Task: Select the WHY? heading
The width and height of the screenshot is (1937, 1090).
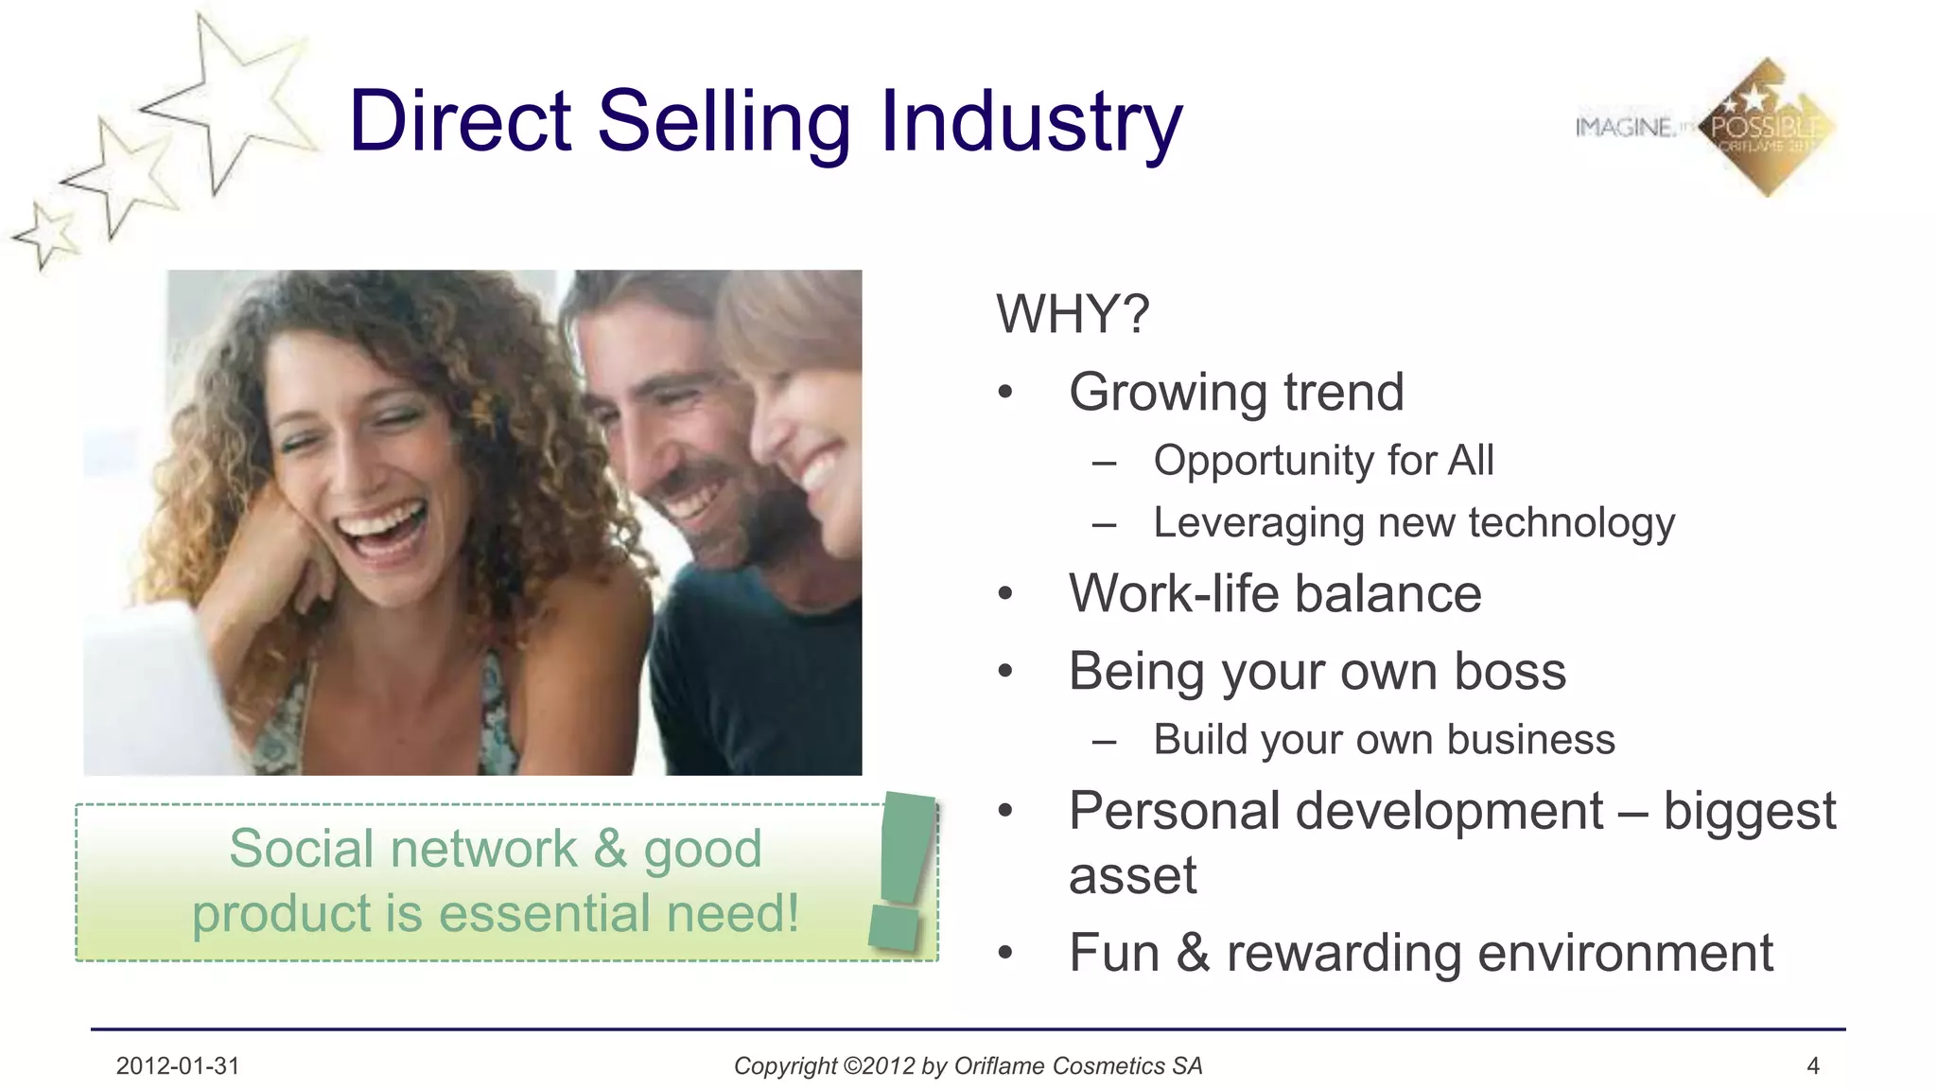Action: [1073, 314]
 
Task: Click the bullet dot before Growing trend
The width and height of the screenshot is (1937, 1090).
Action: [1005, 392]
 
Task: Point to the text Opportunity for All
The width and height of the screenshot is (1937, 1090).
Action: [1323, 461]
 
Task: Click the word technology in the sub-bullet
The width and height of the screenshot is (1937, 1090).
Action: [1571, 523]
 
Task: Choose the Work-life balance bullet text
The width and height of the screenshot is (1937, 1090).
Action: [1274, 594]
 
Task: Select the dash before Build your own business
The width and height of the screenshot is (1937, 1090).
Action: [1104, 741]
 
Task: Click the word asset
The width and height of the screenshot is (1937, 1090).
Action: [1132, 875]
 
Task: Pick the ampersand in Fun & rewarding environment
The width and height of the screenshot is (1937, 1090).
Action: [1193, 953]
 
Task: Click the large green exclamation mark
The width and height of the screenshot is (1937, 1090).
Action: [903, 870]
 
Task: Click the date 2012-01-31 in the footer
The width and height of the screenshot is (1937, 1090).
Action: [178, 1066]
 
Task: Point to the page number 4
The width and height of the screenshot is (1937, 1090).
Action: [1813, 1066]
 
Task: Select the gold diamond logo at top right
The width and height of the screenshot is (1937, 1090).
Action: [1767, 128]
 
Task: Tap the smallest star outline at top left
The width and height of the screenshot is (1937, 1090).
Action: [44, 237]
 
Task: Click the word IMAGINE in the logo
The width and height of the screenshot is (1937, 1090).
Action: [1624, 127]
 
